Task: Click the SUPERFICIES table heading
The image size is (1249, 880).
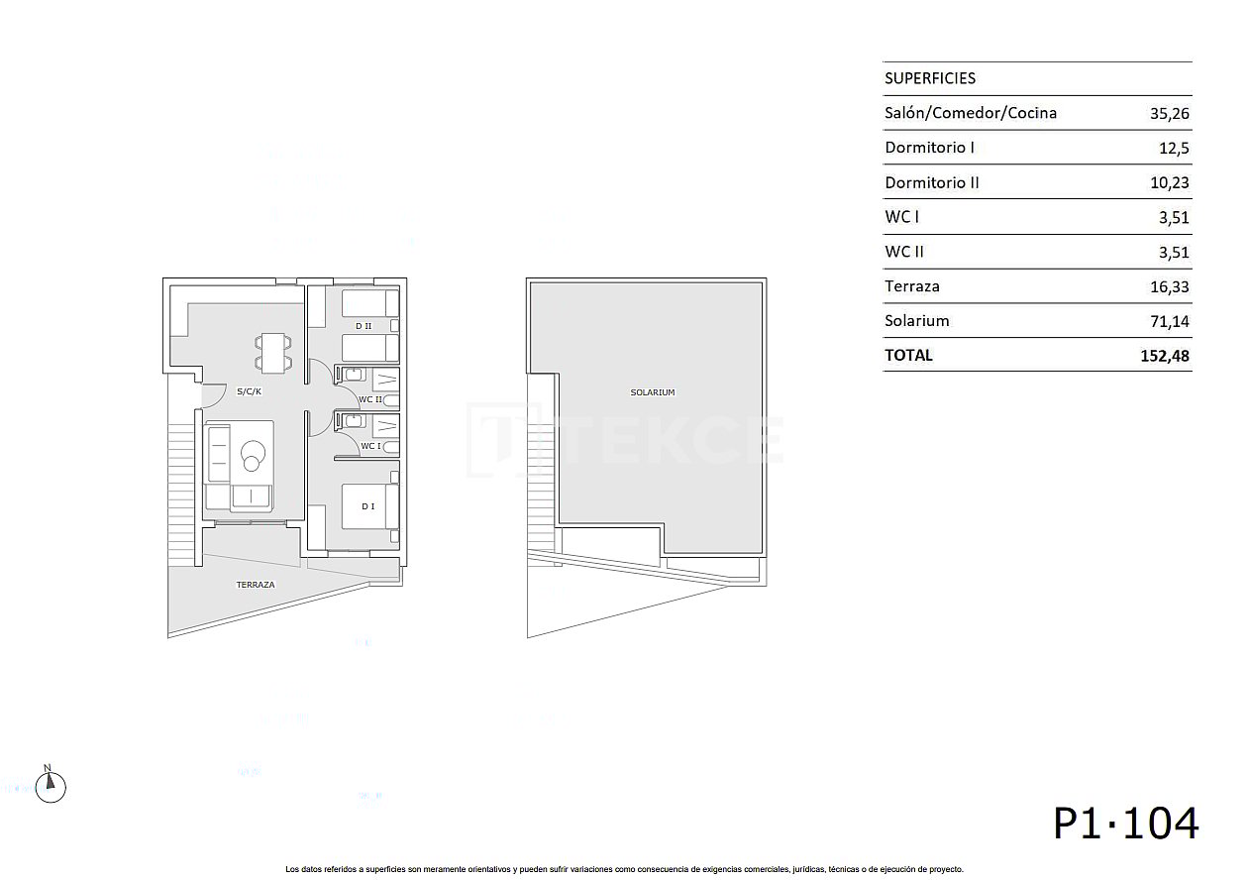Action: [x=929, y=78]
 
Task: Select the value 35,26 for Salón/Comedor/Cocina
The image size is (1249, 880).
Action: [x=1169, y=114]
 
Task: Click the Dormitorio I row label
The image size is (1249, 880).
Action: [x=929, y=148]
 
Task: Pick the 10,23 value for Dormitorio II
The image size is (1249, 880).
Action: [x=1169, y=183]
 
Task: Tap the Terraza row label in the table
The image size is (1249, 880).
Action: [x=911, y=286]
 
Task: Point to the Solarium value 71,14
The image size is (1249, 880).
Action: [x=1169, y=321]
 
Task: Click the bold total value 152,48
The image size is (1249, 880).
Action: [x=1165, y=356]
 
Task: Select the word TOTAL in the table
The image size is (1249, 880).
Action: [x=908, y=355]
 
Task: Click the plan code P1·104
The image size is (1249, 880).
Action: [x=1125, y=824]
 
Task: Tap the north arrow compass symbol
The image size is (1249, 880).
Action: [x=50, y=786]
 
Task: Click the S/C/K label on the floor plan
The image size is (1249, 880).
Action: [x=249, y=391]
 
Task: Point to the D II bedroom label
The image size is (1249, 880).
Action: [x=363, y=326]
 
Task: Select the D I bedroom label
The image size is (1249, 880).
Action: [x=367, y=506]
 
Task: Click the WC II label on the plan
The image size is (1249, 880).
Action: [x=370, y=399]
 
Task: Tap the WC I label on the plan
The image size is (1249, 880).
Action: [x=370, y=446]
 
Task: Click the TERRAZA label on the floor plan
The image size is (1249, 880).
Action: [x=255, y=585]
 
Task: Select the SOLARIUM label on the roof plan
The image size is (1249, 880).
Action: [x=652, y=392]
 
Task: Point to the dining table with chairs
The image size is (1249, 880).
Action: [x=273, y=354]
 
